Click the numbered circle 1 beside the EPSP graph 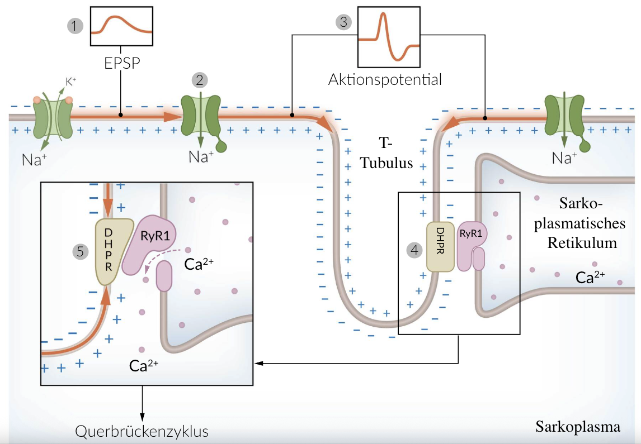[x=75, y=25]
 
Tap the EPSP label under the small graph [x=122, y=63]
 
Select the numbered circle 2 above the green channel [x=199, y=80]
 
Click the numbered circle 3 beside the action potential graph [x=343, y=22]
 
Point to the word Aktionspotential [x=385, y=79]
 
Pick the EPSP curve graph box [x=121, y=26]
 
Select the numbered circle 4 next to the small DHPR [x=414, y=250]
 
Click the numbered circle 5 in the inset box [x=81, y=251]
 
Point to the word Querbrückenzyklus [x=142, y=432]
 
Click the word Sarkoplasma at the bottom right [x=578, y=427]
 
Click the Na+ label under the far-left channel [x=35, y=160]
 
